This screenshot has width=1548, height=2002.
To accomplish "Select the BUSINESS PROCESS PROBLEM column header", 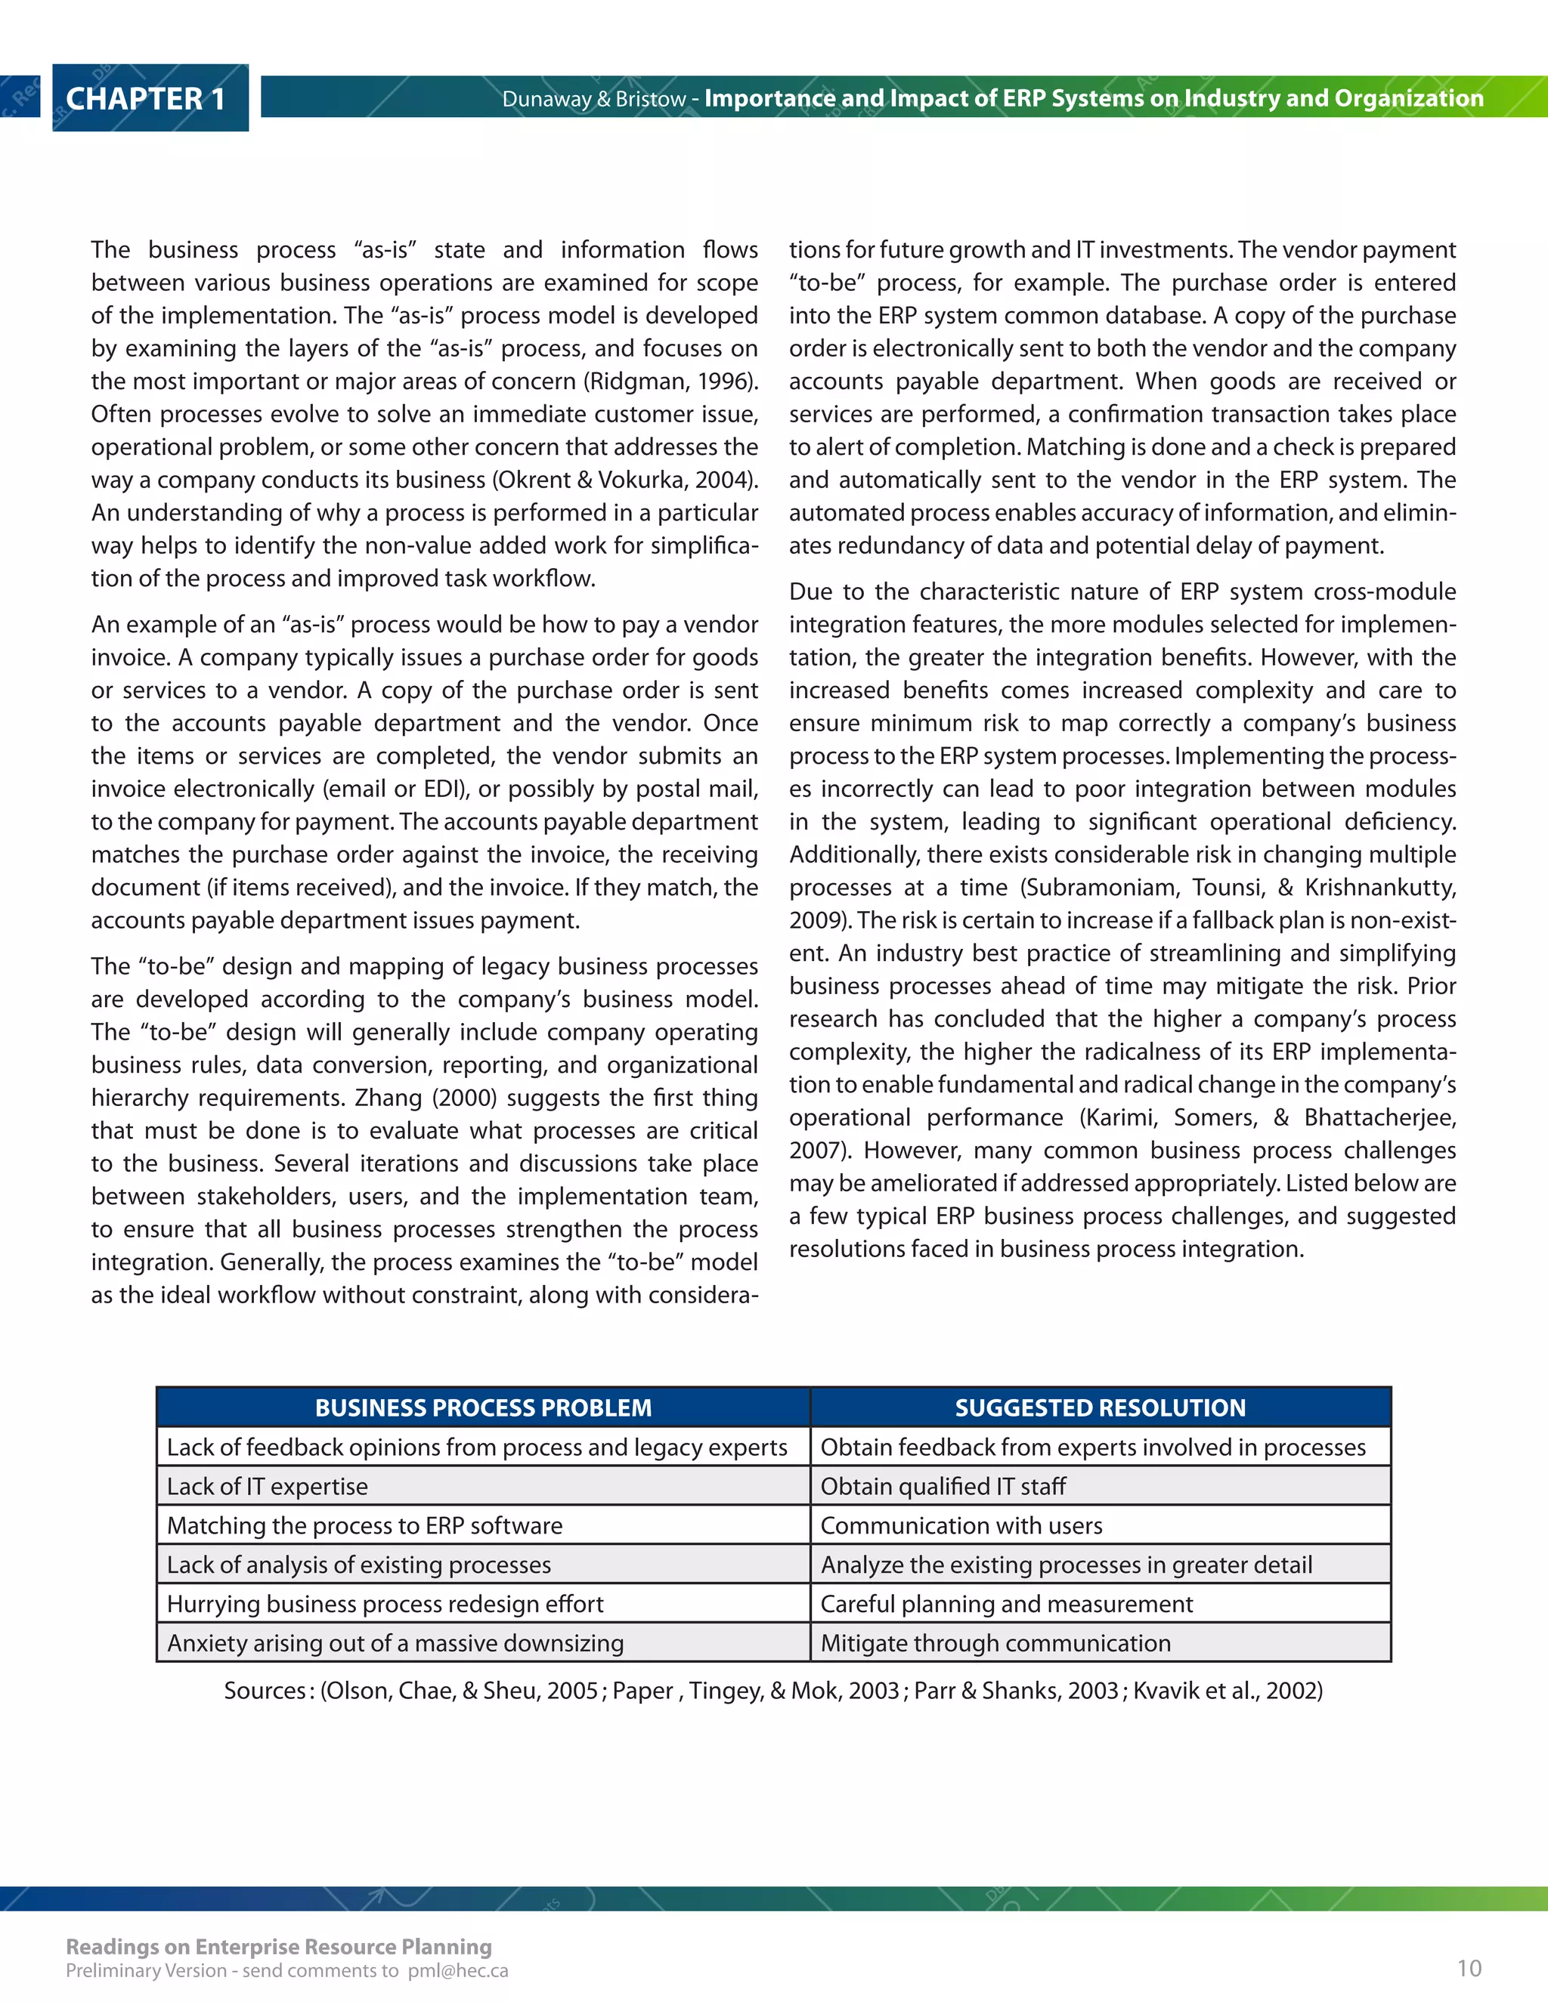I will (x=483, y=1408).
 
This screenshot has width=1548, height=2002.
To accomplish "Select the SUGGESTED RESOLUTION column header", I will (x=1100, y=1408).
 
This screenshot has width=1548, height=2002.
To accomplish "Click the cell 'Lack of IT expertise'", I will (x=267, y=1486).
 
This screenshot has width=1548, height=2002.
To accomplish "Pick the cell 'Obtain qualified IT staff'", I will (x=943, y=1486).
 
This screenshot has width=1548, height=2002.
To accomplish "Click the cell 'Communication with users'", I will (x=961, y=1525).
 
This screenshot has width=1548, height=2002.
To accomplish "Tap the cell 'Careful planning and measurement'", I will (x=1006, y=1603).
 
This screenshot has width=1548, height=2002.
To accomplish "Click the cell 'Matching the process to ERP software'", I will (x=364, y=1525).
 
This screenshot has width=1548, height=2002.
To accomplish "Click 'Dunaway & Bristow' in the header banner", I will (x=593, y=99).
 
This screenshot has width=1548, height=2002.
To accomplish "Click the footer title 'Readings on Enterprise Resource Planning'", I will (x=279, y=1946).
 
